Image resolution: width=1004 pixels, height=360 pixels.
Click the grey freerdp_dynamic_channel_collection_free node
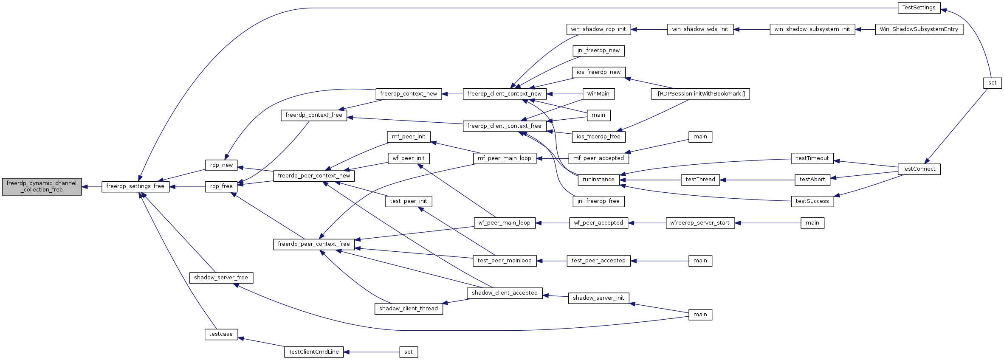point(42,187)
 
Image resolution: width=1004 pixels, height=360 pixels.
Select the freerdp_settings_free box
point(135,186)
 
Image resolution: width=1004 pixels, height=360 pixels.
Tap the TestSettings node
point(919,8)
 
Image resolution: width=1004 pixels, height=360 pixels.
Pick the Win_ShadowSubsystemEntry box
point(919,29)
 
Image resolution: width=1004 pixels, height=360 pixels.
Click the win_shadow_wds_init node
point(700,29)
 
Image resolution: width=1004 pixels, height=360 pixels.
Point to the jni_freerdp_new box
point(598,51)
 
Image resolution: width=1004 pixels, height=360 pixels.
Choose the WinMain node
point(598,94)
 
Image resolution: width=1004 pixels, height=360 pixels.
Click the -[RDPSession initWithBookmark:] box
point(700,94)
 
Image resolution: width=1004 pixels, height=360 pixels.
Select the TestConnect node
point(919,169)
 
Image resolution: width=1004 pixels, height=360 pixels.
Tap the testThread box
point(700,180)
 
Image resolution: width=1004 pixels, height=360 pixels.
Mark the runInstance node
point(598,180)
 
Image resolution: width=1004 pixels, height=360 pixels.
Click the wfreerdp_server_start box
point(700,223)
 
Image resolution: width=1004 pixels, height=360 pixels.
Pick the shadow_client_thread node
point(408,309)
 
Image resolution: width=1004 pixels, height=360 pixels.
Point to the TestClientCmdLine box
point(313,352)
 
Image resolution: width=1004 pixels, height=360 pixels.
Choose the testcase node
point(221,334)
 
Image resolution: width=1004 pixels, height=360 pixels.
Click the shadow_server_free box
point(221,278)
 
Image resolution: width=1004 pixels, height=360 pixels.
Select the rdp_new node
point(221,165)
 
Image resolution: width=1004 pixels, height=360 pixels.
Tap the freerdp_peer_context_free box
point(313,244)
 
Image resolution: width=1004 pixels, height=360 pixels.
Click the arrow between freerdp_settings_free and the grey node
point(91,187)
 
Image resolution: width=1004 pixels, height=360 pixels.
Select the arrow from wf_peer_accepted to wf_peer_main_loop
point(552,223)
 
